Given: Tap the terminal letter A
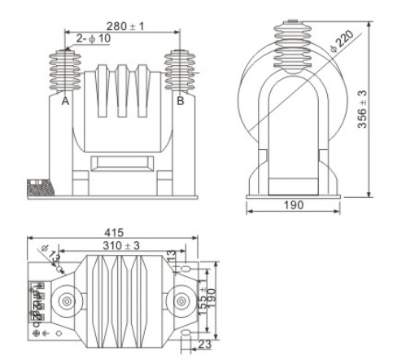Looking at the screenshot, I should click(x=64, y=102).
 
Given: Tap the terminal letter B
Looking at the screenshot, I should click(x=181, y=102).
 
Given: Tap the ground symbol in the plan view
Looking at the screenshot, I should click(x=45, y=333).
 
